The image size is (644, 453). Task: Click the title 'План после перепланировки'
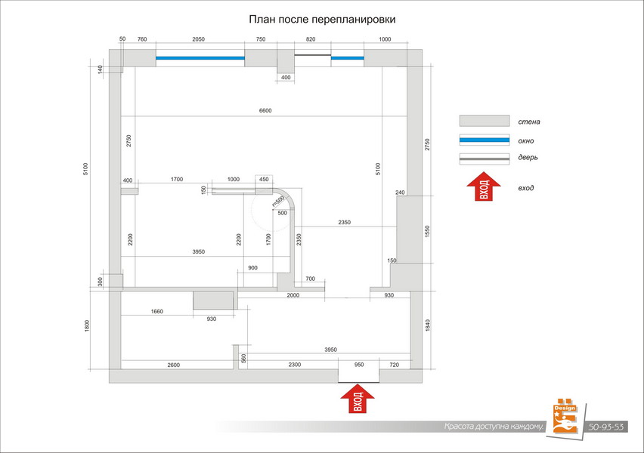point(322,19)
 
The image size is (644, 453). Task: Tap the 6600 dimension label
point(265,111)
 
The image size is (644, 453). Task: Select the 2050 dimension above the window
point(198,39)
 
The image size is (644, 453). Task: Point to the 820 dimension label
point(310,39)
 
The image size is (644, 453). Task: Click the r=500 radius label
point(278,201)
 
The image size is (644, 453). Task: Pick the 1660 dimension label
point(156,311)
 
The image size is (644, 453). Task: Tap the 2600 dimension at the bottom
point(173,365)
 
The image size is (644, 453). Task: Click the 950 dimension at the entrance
point(359,365)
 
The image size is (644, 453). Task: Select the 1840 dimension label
point(428,326)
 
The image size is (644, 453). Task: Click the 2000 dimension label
point(293,296)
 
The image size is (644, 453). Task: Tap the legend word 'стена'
point(529,122)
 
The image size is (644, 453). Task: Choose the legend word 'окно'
point(528,140)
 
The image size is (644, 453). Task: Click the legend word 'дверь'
point(528,158)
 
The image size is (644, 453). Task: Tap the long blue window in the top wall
point(200,57)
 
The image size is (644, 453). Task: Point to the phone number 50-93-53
point(607,427)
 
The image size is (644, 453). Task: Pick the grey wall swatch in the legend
point(484,122)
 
